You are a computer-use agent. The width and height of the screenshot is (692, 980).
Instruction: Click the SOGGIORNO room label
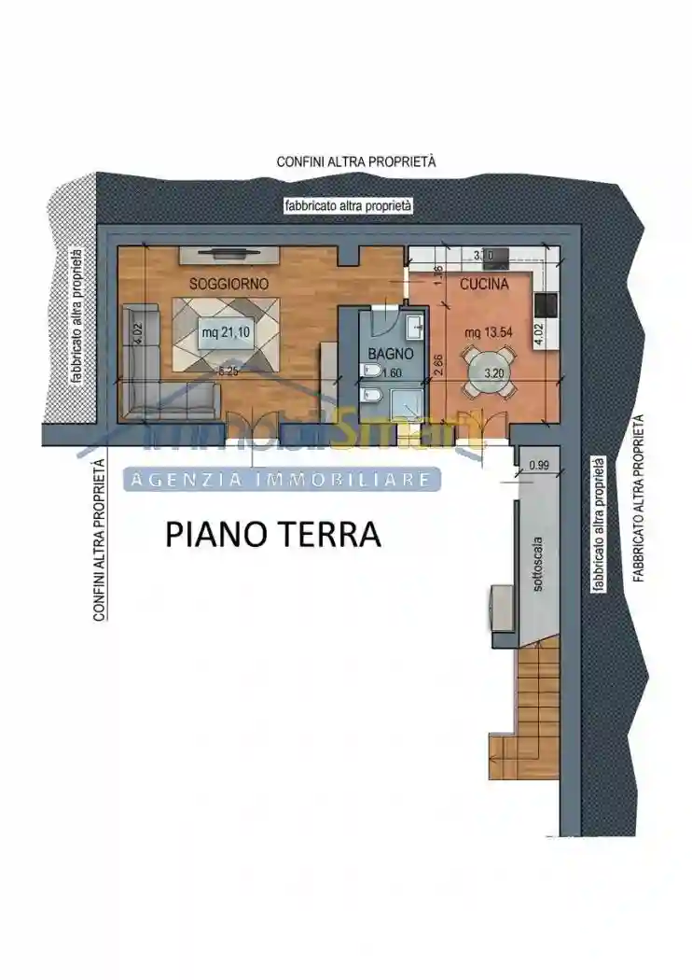(228, 283)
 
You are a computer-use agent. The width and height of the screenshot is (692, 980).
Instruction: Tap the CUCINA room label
(483, 284)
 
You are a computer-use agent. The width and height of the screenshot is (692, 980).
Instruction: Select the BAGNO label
(384, 355)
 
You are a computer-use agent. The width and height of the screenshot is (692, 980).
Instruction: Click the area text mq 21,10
(226, 332)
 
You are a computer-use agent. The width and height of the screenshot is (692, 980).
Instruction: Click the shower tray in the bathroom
(408, 404)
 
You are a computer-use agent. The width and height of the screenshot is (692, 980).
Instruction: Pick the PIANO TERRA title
(273, 535)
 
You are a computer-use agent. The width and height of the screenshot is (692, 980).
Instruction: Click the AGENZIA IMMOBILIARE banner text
(282, 480)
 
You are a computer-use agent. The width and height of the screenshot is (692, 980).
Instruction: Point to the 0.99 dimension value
(539, 465)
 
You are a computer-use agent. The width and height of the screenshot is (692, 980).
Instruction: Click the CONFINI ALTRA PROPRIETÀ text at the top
(356, 162)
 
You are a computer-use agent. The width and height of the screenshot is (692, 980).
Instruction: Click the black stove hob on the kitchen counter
(547, 306)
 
